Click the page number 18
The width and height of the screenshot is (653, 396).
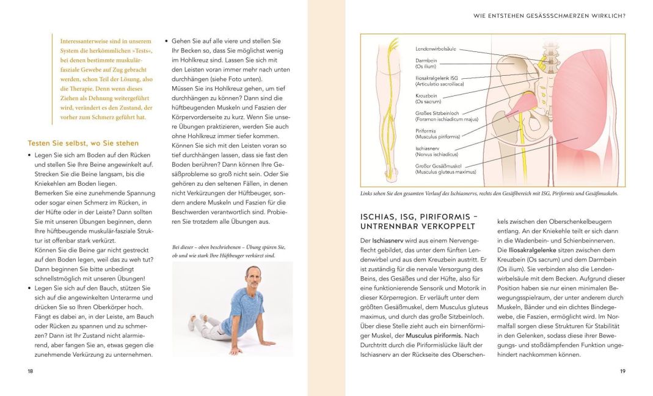(x=31, y=371)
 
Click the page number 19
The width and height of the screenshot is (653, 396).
(x=622, y=371)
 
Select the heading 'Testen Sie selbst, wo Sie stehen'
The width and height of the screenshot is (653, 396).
(x=83, y=143)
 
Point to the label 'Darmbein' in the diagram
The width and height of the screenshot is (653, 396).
(x=426, y=61)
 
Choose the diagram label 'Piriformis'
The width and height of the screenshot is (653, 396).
(x=426, y=130)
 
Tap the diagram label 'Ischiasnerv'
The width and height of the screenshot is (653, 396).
(x=428, y=148)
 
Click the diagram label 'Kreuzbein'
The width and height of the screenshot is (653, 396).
(x=426, y=96)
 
